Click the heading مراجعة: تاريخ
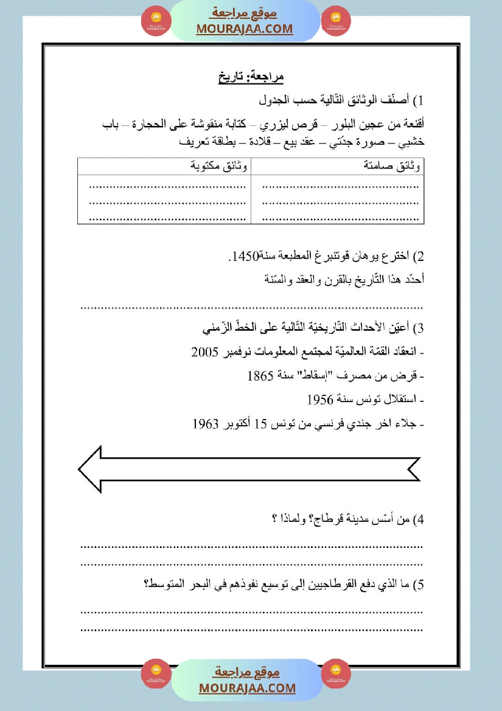click(x=251, y=77)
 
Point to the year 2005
click(x=204, y=352)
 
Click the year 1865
click(x=260, y=376)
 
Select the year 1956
click(x=319, y=400)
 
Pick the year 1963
click(x=206, y=423)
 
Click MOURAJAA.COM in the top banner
click(x=245, y=29)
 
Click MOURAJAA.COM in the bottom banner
click(x=247, y=688)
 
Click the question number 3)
click(x=418, y=329)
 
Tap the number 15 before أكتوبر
click(x=261, y=423)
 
